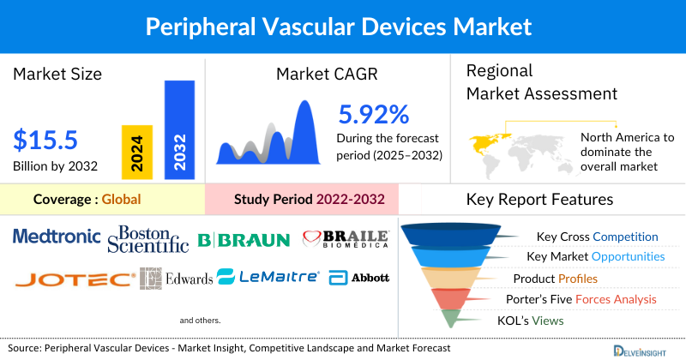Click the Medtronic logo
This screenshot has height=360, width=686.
(x=57, y=236)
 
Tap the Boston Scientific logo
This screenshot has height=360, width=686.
(x=148, y=239)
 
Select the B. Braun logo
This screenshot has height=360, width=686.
(x=244, y=239)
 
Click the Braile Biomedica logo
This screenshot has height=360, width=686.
(x=346, y=238)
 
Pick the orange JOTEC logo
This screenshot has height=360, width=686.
(x=74, y=279)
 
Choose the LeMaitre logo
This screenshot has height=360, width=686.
(x=268, y=277)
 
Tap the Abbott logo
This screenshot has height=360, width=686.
(x=358, y=278)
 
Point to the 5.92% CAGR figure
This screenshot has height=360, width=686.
(x=374, y=114)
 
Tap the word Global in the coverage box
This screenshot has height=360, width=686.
(x=121, y=200)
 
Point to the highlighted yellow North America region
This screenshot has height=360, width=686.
(x=488, y=141)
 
